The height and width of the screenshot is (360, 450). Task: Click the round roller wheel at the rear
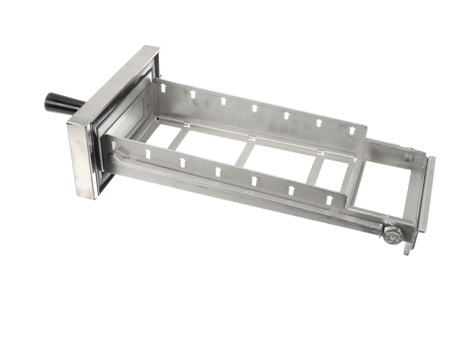click(391, 234)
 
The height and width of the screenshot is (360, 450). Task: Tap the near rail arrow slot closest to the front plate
click(147, 153)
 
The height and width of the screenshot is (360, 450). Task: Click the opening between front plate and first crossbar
click(156, 133)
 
